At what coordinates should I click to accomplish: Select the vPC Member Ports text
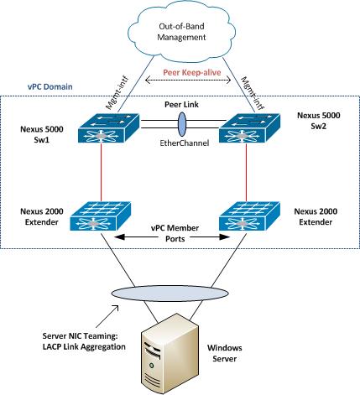[173, 232]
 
